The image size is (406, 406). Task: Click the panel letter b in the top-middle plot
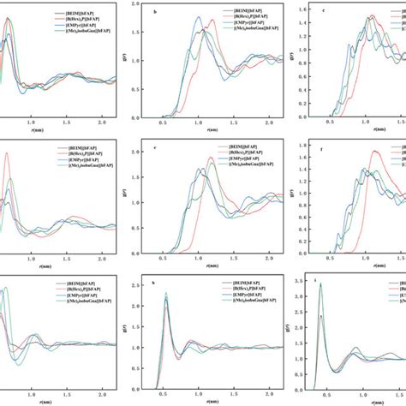(x=154, y=13)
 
